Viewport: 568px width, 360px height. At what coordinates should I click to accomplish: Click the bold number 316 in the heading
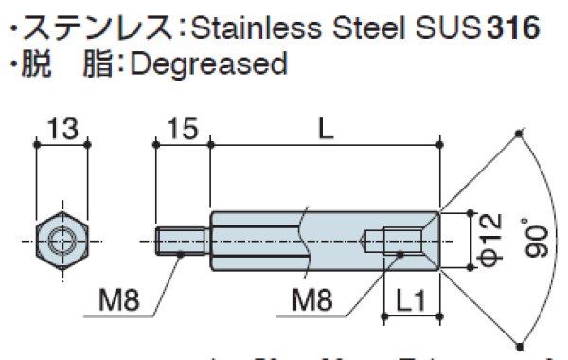pos(512,27)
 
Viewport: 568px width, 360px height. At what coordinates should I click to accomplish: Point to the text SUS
pos(447,27)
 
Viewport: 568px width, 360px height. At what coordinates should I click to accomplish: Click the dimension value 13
pos(62,129)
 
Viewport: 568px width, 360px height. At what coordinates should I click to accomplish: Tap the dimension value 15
pos(183,129)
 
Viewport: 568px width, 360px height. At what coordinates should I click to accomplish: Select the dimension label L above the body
pos(326,129)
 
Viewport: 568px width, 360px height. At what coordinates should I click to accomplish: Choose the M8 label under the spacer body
pos(313,302)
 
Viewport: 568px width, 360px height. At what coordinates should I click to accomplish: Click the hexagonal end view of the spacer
pos(62,241)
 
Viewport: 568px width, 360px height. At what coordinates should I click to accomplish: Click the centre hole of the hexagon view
pos(62,241)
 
